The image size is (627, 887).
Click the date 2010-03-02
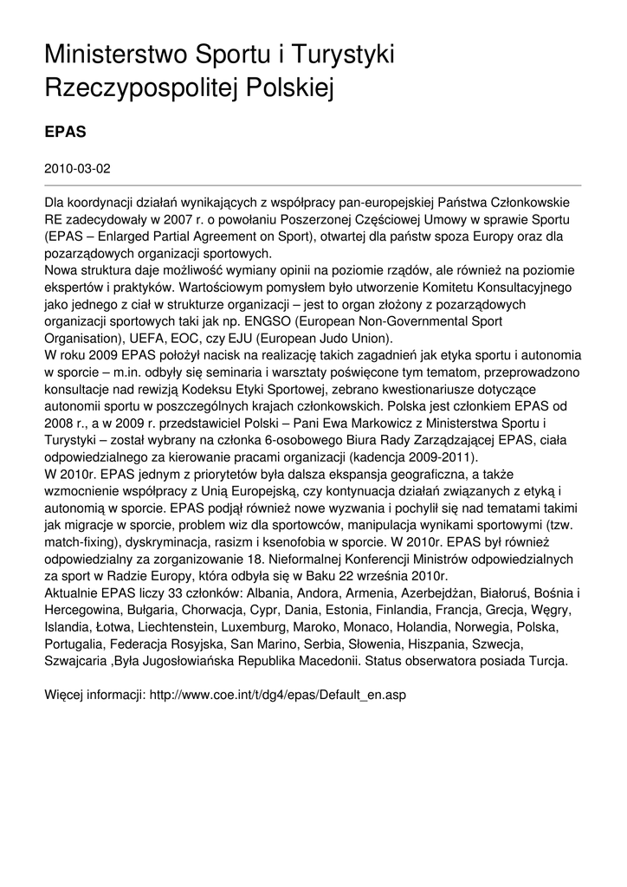(x=77, y=168)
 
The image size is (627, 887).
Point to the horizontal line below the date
(x=313, y=185)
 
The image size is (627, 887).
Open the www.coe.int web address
(x=278, y=694)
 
